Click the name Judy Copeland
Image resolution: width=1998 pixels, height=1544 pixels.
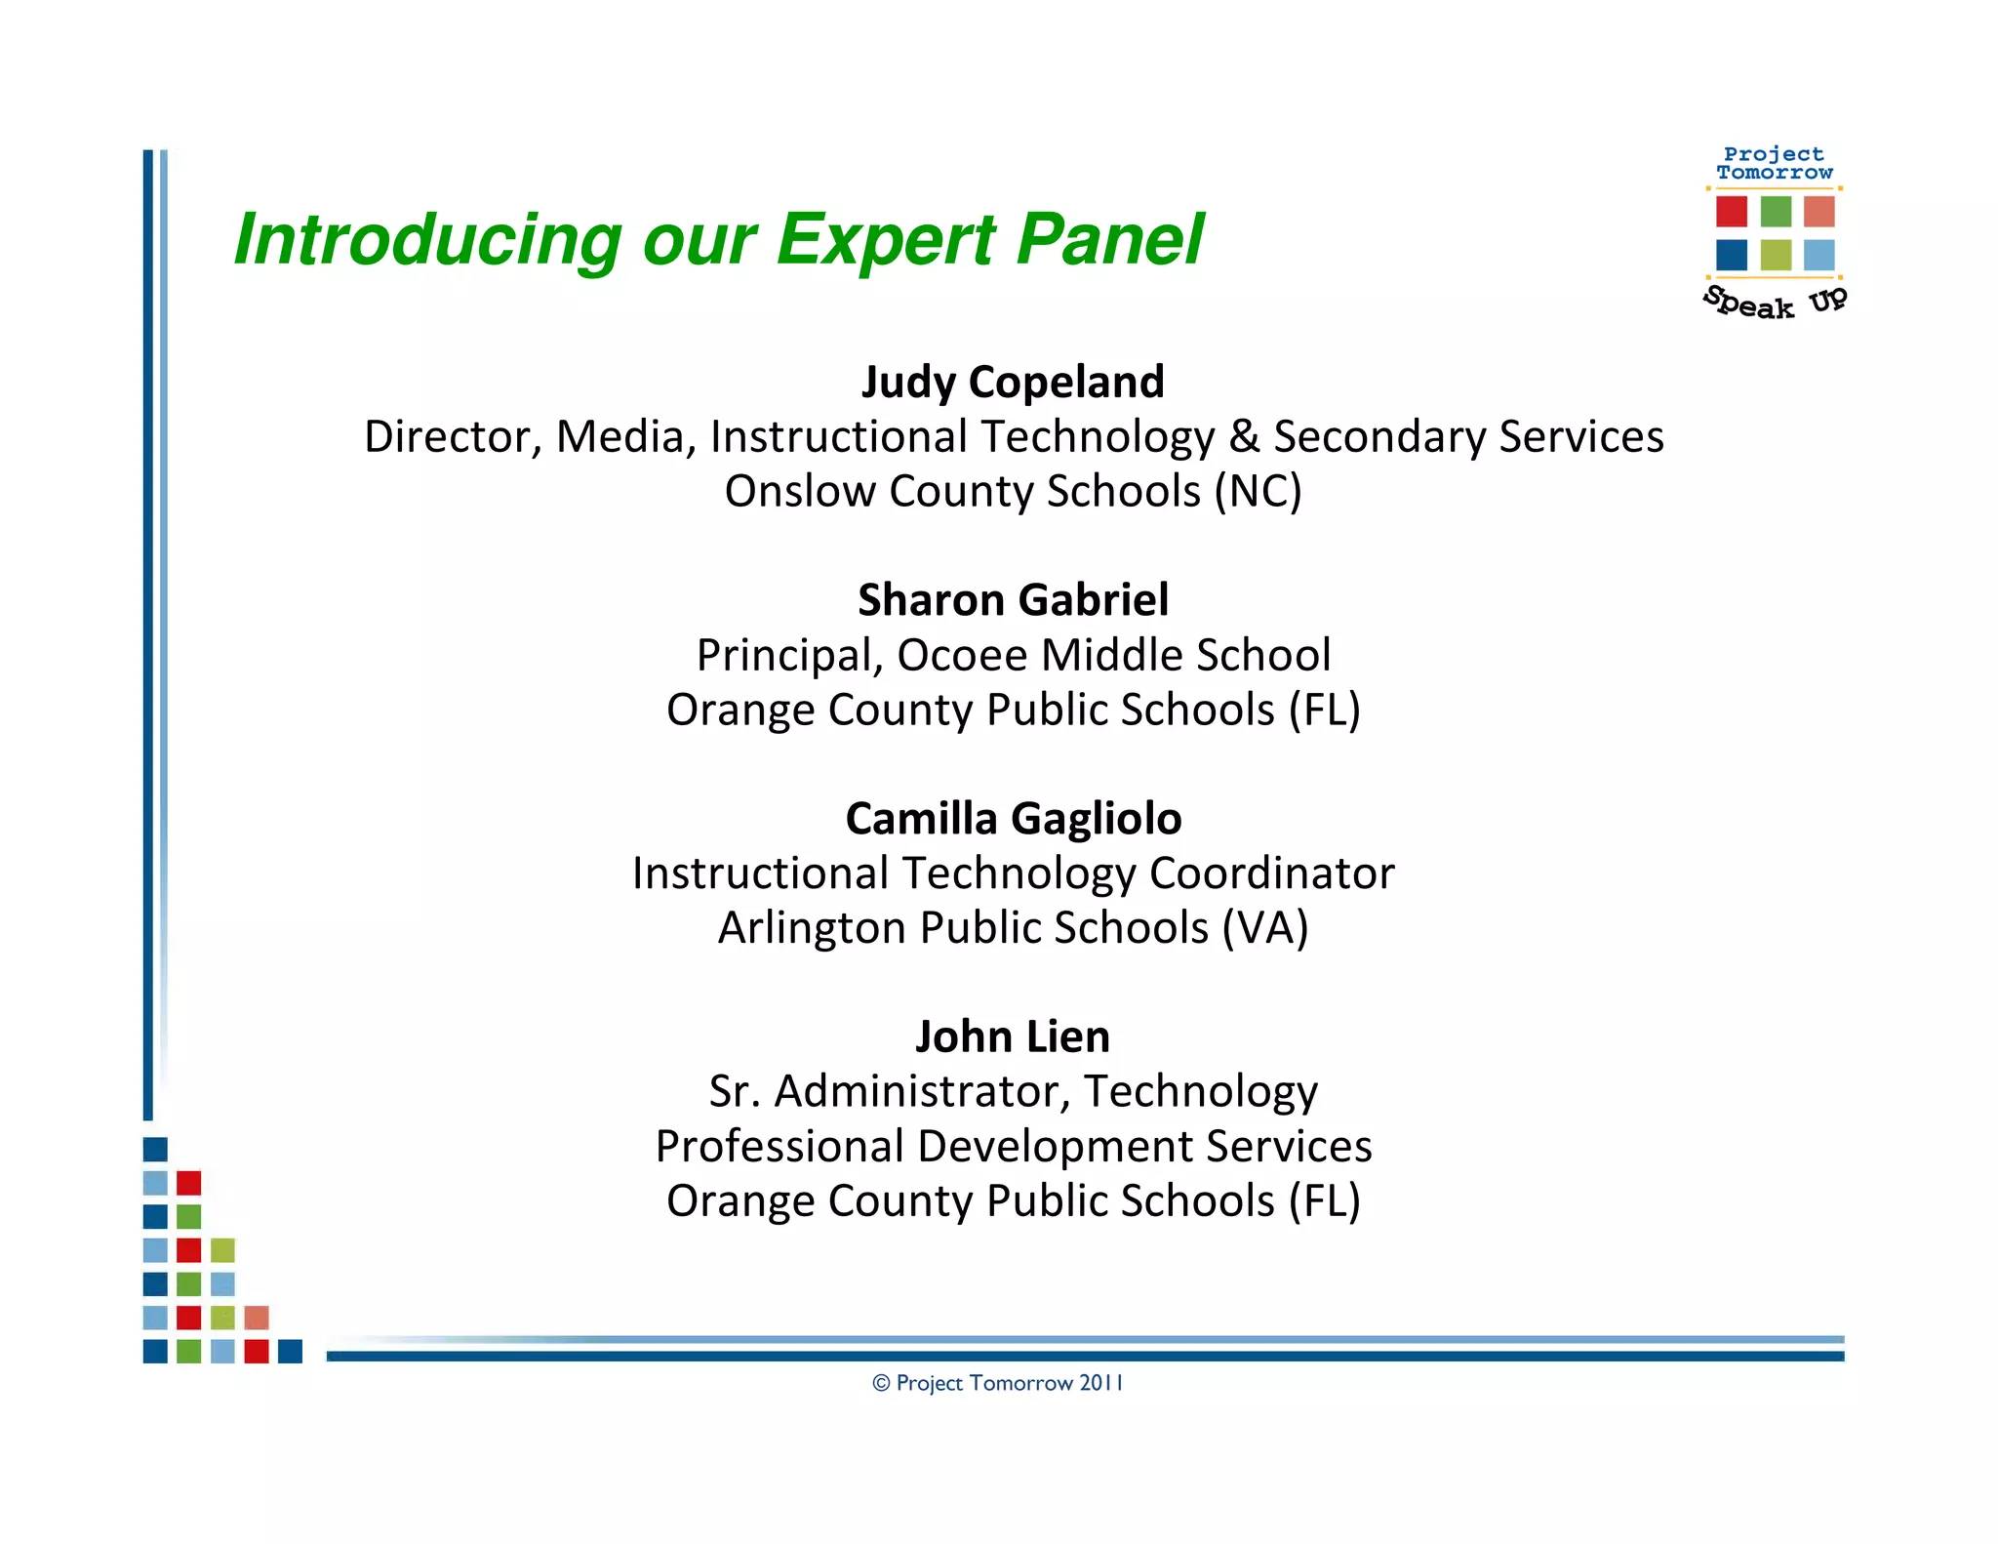coord(1013,382)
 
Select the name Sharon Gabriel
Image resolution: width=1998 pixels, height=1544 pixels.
coord(1013,599)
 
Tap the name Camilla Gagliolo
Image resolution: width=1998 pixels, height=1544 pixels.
coord(1013,818)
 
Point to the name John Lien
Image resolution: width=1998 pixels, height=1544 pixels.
coord(1013,1036)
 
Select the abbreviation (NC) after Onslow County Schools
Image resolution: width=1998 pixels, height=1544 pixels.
coord(1258,491)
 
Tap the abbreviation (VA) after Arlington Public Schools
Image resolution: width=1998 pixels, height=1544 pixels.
coord(1265,927)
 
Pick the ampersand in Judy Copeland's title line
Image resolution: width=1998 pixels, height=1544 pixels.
coord(1244,436)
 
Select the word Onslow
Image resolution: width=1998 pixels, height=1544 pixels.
coord(799,491)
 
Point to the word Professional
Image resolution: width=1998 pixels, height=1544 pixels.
coord(779,1146)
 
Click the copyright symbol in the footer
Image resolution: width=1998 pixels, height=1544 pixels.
coord(881,1383)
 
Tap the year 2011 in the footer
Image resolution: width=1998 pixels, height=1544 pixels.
coord(1101,1383)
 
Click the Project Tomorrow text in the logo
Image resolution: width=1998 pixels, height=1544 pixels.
coord(1774,163)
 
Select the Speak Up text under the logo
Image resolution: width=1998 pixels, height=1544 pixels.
coord(1775,302)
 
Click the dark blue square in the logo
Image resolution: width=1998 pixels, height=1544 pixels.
coord(1732,255)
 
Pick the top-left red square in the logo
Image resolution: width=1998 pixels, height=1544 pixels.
coord(1732,211)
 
